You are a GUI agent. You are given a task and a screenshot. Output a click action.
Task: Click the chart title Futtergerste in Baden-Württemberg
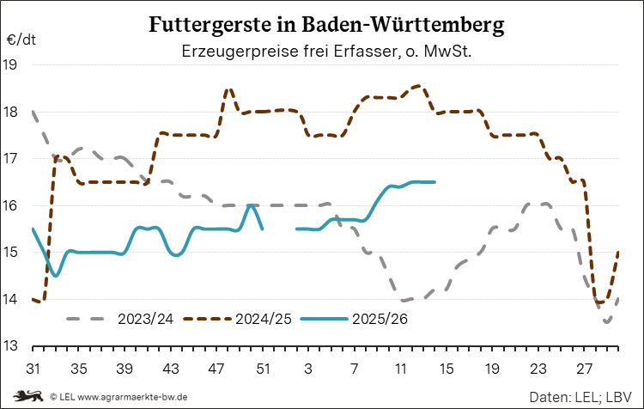[326, 24]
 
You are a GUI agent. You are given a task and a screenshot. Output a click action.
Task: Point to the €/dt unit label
[21, 40]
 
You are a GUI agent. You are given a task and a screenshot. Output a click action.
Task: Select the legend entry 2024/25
[263, 319]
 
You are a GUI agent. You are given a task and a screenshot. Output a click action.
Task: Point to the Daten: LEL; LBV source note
[581, 397]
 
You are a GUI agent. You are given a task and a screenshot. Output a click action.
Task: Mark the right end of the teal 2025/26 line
[434, 182]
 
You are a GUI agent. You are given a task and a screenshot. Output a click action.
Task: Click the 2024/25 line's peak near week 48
[228, 89]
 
